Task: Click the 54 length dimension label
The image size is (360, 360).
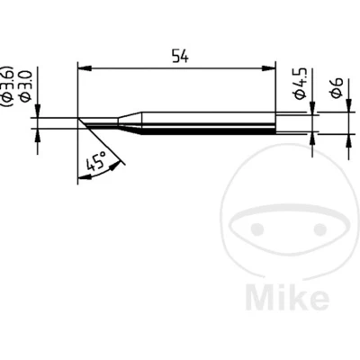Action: click(180, 57)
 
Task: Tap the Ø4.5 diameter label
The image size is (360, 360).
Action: click(300, 83)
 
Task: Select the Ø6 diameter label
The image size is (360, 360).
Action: click(337, 87)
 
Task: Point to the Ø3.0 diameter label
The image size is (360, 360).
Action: click(25, 85)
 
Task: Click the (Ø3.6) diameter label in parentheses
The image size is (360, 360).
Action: click(7, 85)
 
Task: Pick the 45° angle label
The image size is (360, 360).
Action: click(96, 161)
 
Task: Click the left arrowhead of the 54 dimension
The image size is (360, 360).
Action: click(85, 68)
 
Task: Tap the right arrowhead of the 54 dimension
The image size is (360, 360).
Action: click(268, 68)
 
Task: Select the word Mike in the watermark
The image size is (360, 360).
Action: click(287, 297)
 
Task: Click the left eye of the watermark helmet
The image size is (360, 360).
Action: click(257, 229)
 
